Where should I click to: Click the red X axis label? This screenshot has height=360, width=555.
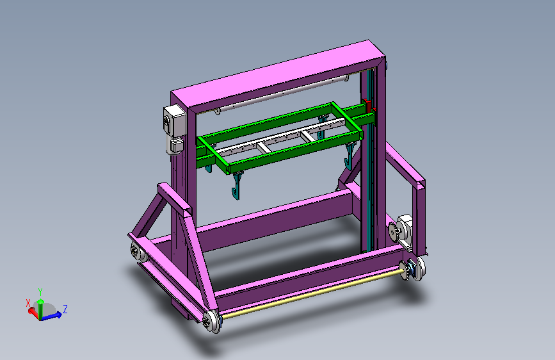coord(28,303)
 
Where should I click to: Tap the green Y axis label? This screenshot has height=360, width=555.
coord(40,291)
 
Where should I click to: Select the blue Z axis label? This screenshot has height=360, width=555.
coord(65,309)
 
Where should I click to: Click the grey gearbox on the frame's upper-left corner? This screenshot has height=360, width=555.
coord(175,129)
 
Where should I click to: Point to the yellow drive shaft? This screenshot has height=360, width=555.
coord(312,294)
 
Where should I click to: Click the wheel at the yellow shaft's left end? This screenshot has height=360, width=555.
coord(212,322)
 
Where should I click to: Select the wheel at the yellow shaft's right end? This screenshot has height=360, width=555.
coord(415,269)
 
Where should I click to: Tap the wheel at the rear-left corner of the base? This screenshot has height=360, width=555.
coord(136,252)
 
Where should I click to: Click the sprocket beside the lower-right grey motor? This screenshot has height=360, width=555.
coord(393,231)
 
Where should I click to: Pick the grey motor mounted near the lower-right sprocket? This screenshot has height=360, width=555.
coord(405,229)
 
